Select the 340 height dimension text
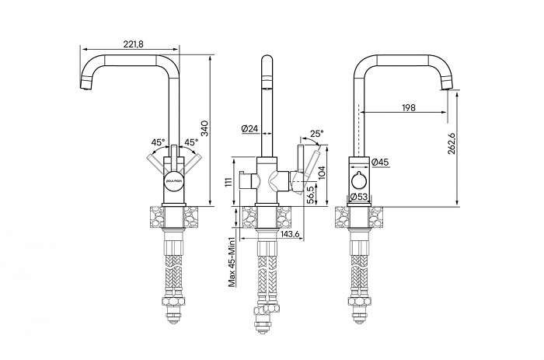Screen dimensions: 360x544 click(x=204, y=128)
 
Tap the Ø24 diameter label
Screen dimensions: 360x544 click(x=249, y=128)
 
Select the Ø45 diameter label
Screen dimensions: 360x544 click(x=380, y=162)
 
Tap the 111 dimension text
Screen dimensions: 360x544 click(x=228, y=183)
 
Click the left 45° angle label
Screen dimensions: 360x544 click(x=158, y=142)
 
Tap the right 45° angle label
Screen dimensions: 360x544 click(x=191, y=142)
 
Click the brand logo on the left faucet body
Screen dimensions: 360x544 click(x=174, y=180)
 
